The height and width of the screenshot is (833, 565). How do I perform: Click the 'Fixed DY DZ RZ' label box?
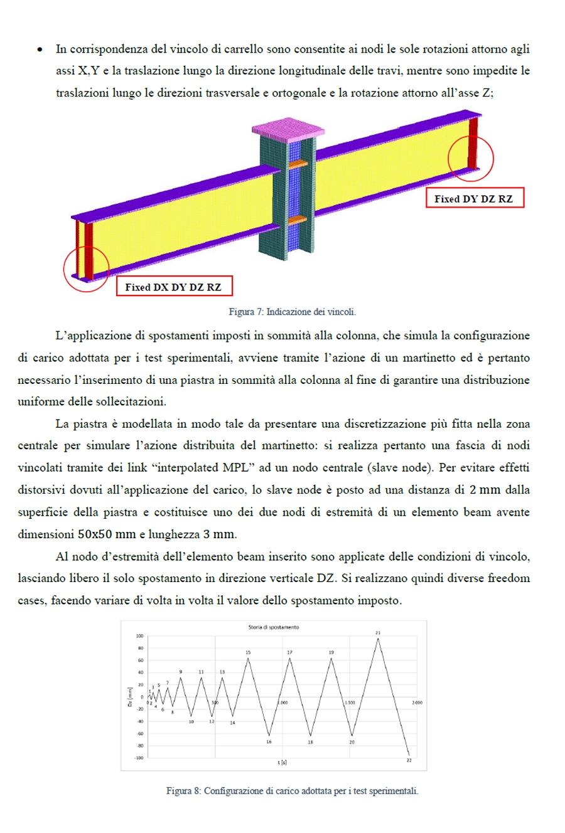pos(474,199)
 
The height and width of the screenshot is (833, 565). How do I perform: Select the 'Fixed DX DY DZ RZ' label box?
pos(174,287)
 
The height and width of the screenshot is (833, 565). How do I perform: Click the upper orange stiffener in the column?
pos(298,164)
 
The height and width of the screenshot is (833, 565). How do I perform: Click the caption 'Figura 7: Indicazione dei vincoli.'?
pos(292,312)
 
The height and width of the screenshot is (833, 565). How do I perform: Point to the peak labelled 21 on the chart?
pos(378,639)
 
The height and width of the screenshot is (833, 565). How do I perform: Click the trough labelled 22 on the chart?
pos(409,755)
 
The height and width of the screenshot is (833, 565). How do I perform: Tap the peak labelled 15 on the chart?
pos(248,658)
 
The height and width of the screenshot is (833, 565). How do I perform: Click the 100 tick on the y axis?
pos(139,636)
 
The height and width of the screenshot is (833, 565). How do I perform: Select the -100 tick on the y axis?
pos(138,758)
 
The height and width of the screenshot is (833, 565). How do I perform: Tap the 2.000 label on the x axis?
pos(417,703)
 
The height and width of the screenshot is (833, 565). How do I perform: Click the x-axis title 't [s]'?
pos(282,763)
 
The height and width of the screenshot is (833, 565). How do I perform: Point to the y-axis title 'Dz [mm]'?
pos(129,697)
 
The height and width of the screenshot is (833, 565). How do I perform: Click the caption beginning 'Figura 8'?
pos(292,791)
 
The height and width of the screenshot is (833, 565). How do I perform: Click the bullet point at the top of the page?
pos(40,49)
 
